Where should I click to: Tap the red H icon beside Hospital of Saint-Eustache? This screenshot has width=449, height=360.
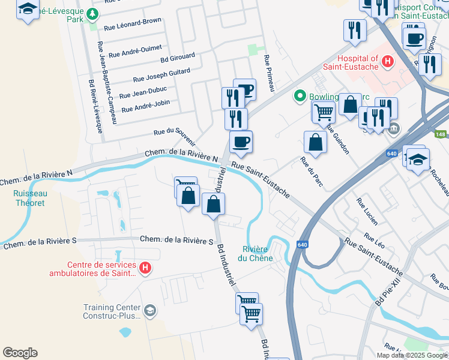coord(388,61)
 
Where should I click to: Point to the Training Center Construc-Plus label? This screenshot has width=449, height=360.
coord(112,312)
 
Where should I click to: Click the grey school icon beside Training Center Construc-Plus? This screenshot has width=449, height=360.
coord(150,310)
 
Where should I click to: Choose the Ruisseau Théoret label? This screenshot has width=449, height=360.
coord(30,198)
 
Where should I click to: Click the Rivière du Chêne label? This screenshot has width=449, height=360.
coord(258,254)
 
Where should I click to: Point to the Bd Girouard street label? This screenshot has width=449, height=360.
coord(178,57)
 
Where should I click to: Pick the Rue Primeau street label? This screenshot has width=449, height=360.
coord(269,74)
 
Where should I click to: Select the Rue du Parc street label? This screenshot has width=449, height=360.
coord(311,171)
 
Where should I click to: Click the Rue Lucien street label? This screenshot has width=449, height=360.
coord(367,211)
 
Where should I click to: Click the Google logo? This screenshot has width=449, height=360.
coord(20,353)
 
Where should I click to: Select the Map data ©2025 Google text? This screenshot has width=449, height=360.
coord(412,355)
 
